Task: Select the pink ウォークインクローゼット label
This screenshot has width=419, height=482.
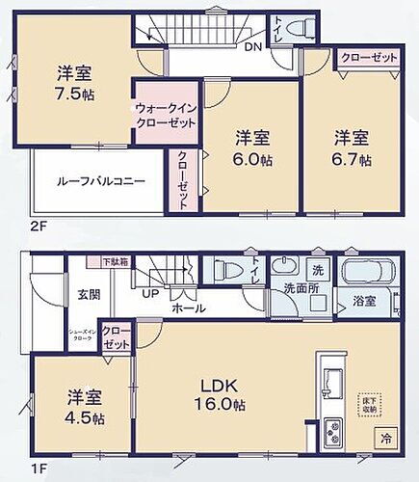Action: click(x=167, y=117)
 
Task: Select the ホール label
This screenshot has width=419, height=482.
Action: click(x=182, y=310)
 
